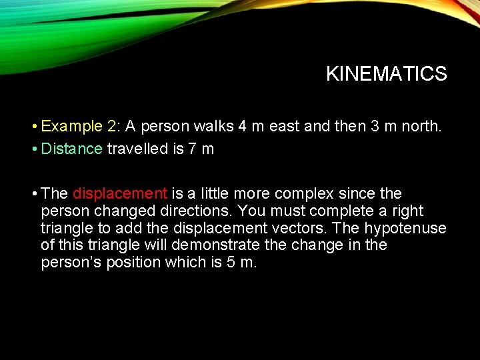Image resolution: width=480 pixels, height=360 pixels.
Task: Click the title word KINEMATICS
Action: click(x=386, y=74)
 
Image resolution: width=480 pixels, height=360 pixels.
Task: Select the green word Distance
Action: click(x=71, y=149)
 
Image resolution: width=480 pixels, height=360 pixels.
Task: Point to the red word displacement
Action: click(x=120, y=194)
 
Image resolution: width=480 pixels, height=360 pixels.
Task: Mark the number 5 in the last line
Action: click(x=230, y=263)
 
